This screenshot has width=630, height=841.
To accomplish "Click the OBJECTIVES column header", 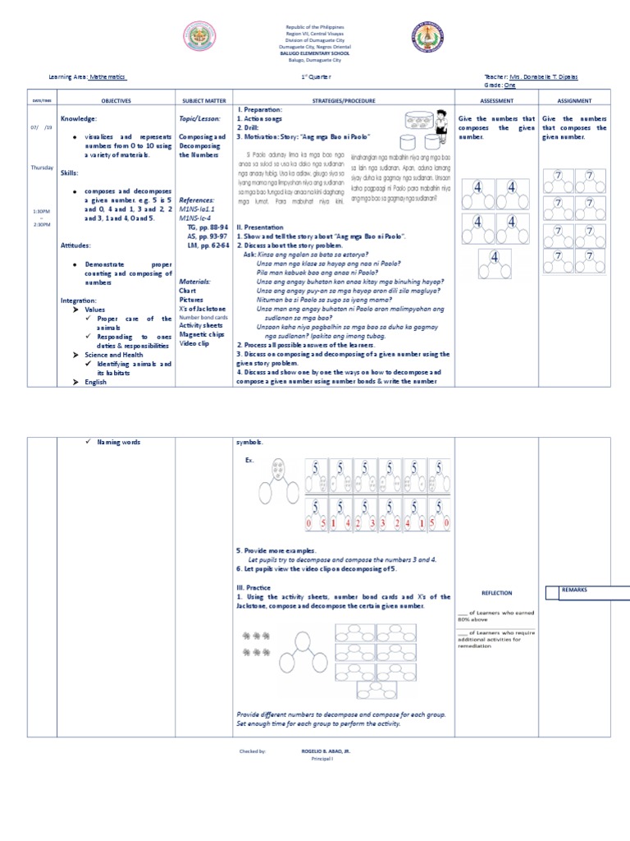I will click(x=116, y=100).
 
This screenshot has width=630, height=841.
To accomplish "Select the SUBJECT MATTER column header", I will click(x=204, y=100).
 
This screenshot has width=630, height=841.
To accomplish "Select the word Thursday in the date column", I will click(x=41, y=168).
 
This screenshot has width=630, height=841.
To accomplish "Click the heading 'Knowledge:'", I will click(x=77, y=119).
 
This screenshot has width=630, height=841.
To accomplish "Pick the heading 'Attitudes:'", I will click(x=76, y=246).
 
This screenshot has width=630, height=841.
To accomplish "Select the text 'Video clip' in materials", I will click(x=195, y=344).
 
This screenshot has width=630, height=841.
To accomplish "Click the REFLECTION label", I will click(x=496, y=592).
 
